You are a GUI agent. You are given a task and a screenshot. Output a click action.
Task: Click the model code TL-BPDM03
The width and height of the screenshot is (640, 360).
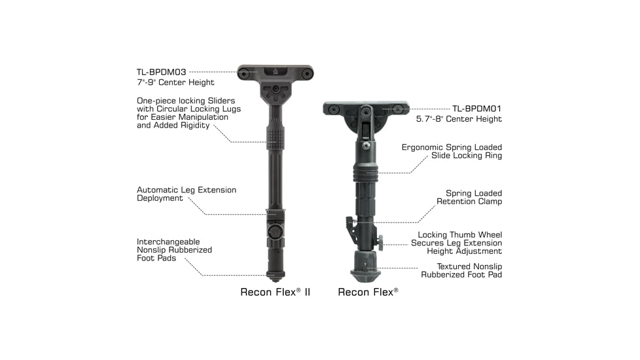(160, 71)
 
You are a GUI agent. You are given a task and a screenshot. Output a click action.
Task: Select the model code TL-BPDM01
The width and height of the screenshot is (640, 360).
(477, 108)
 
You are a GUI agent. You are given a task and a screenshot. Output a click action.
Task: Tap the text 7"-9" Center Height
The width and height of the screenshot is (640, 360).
(175, 82)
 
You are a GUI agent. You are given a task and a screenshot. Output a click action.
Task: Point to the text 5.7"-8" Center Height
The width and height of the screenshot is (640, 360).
(459, 119)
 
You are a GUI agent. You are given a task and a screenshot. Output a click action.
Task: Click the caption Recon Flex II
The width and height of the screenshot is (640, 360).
(275, 292)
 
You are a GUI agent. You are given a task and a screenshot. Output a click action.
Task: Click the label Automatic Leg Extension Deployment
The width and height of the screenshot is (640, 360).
(187, 194)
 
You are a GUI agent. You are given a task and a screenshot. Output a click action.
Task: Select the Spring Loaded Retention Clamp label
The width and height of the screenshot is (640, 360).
(474, 197)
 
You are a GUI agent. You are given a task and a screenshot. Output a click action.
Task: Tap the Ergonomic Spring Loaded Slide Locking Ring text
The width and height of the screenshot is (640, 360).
(452, 152)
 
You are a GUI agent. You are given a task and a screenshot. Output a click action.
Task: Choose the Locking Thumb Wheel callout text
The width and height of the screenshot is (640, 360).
(460, 243)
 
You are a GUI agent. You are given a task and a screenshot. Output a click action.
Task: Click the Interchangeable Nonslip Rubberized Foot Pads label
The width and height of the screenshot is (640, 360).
(174, 249)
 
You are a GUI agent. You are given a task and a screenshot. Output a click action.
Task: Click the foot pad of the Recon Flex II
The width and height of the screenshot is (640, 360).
(275, 275)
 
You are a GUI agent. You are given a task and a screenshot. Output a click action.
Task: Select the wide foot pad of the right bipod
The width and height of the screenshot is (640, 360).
(366, 270)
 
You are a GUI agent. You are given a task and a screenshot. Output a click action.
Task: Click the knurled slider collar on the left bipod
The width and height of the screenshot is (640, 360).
(276, 136)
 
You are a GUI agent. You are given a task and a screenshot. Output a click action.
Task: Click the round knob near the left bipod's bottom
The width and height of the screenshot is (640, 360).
(276, 232)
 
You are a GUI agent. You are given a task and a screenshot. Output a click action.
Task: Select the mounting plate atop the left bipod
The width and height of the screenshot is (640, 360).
(276, 73)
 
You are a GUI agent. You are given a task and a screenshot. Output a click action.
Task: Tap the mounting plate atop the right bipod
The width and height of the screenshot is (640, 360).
(366, 108)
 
